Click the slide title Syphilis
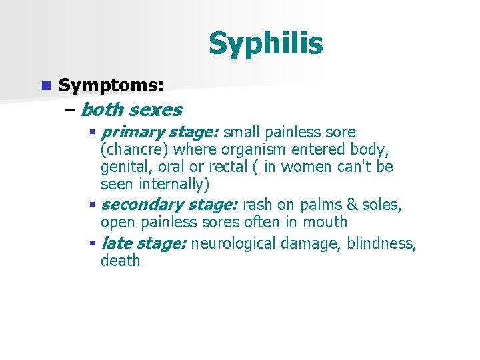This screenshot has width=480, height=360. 265,44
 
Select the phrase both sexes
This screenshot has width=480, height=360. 131,109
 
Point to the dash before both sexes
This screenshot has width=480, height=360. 70,109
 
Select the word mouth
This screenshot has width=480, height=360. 325,221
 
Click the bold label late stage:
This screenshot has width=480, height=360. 143,243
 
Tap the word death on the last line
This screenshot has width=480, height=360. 120,260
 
